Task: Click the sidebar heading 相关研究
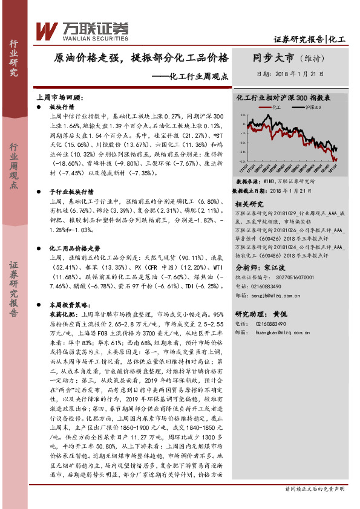pyautogui.click(x=249, y=204)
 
